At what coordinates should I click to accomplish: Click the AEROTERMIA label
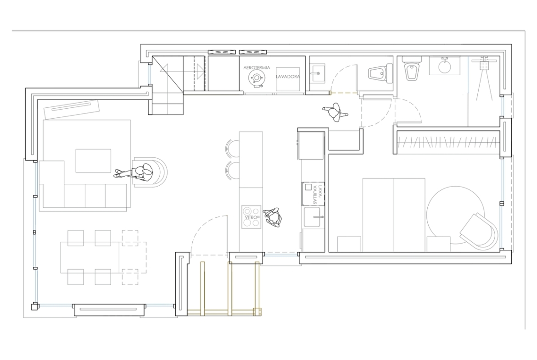click(x=257, y=68)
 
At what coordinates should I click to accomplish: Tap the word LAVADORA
click(x=288, y=77)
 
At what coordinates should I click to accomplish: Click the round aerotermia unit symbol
click(x=256, y=78)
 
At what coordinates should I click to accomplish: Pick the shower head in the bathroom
click(x=484, y=64)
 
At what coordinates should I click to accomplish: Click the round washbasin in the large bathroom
click(x=445, y=66)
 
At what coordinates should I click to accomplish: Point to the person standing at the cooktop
click(x=274, y=217)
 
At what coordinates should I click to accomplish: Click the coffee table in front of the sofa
click(x=93, y=161)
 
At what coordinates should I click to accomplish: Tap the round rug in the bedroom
click(x=455, y=215)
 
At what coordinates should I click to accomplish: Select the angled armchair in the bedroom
click(x=479, y=231)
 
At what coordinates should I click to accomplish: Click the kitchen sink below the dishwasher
click(x=313, y=217)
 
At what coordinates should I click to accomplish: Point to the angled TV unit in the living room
click(x=72, y=109)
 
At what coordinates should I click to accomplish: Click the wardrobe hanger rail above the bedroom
click(x=448, y=142)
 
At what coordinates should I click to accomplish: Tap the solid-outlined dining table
click(x=90, y=257)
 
